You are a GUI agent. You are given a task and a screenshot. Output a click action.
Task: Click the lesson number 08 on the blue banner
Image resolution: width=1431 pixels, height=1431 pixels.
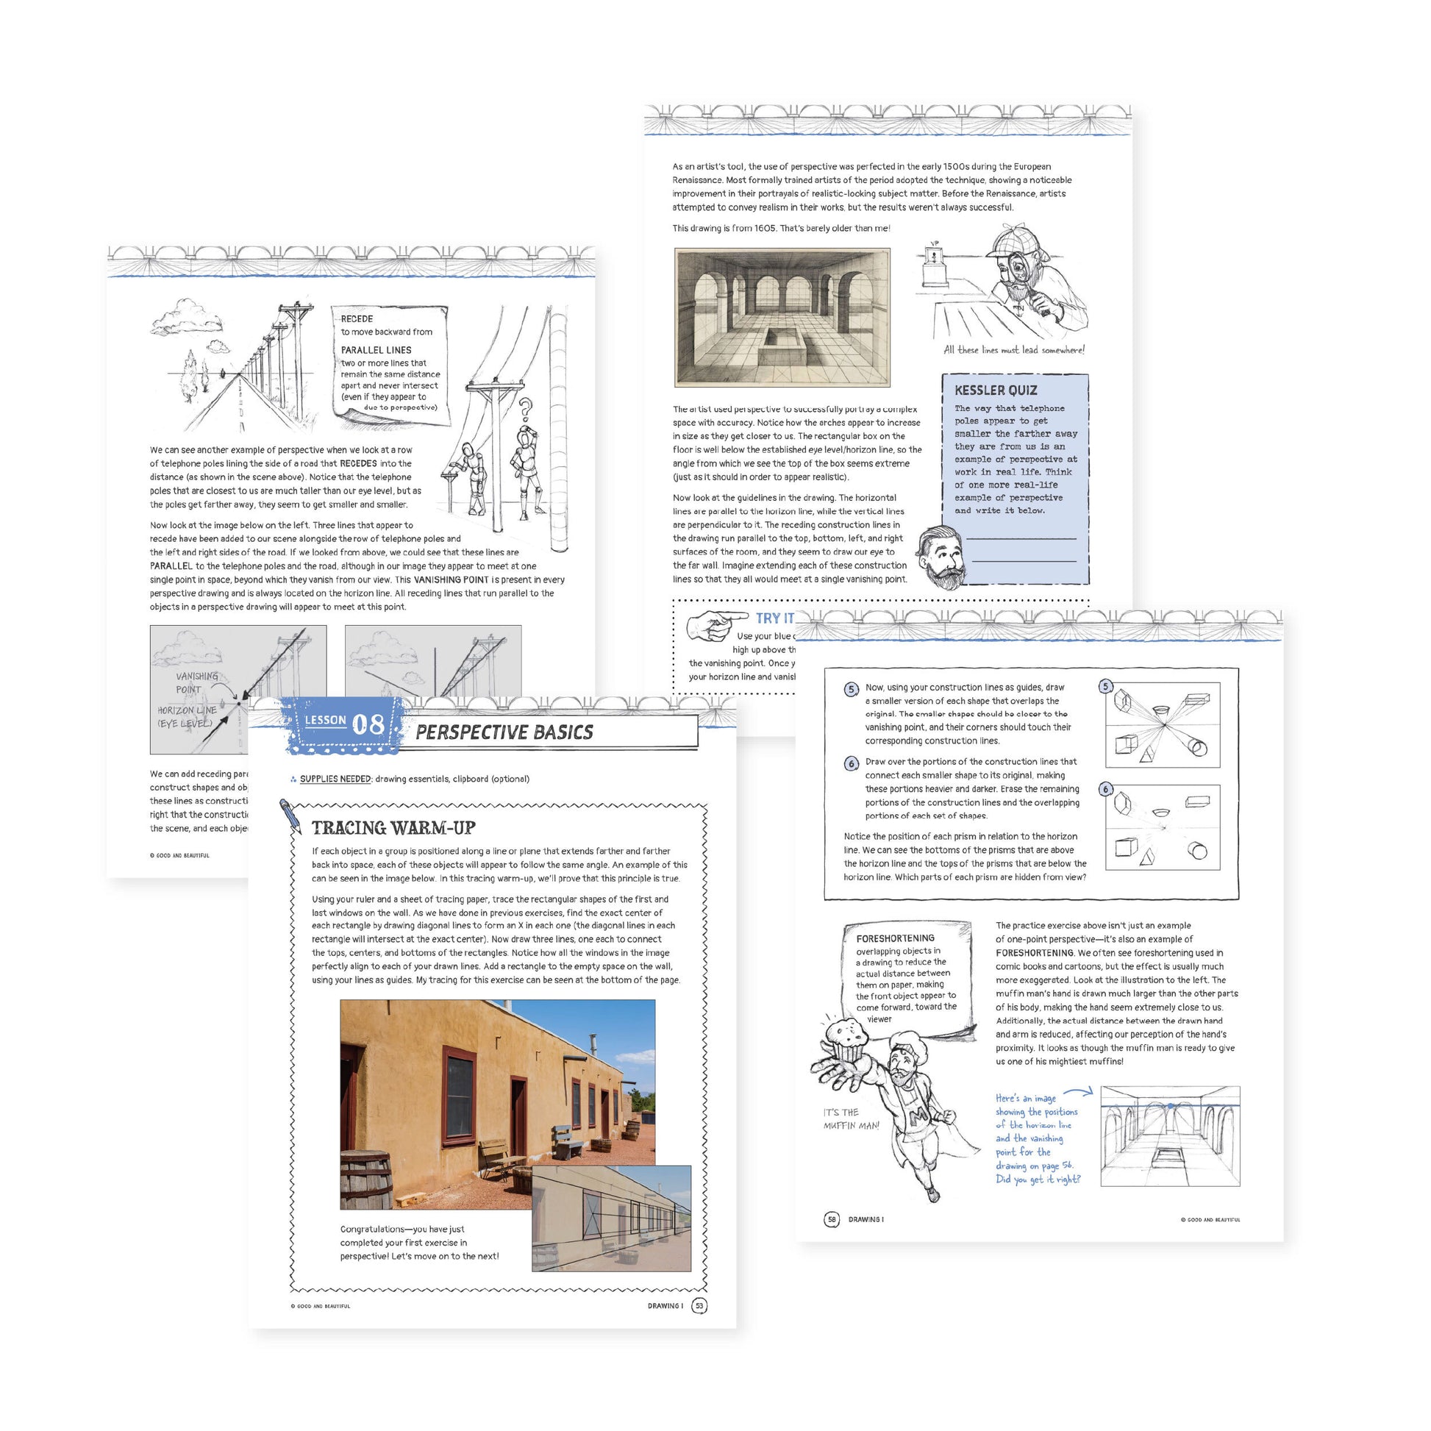pyautogui.click(x=368, y=724)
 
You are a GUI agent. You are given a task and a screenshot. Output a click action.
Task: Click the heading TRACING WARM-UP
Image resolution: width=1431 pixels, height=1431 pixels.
pyautogui.click(x=393, y=827)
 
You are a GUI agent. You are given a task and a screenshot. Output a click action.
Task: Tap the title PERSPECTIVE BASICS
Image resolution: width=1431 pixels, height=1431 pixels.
pyautogui.click(x=504, y=732)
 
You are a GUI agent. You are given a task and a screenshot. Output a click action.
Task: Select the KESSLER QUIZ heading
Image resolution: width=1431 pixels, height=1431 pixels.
pyautogui.click(x=996, y=390)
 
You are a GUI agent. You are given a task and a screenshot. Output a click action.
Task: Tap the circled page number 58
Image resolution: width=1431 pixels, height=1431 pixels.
pyautogui.click(x=832, y=1219)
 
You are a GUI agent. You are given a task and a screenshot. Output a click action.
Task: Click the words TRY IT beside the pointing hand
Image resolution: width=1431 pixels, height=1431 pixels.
pyautogui.click(x=774, y=618)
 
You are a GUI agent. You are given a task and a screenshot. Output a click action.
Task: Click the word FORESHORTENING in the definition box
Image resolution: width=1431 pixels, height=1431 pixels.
pyautogui.click(x=895, y=938)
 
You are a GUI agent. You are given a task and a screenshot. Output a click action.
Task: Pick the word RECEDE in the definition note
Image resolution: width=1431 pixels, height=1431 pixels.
pyautogui.click(x=357, y=318)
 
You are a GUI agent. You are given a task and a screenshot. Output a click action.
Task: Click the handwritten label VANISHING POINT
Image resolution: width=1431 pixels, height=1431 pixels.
pyautogui.click(x=196, y=682)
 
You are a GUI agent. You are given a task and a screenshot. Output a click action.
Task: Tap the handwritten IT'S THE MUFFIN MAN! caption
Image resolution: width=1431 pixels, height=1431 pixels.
pyautogui.click(x=851, y=1118)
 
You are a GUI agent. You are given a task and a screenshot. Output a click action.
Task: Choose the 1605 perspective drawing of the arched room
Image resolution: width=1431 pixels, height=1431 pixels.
pyautogui.click(x=782, y=317)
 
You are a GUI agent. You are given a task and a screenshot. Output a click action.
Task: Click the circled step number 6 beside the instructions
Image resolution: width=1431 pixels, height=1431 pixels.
pyautogui.click(x=851, y=763)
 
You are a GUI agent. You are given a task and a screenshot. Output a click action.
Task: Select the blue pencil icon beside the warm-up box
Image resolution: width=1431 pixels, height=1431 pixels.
pyautogui.click(x=290, y=814)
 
